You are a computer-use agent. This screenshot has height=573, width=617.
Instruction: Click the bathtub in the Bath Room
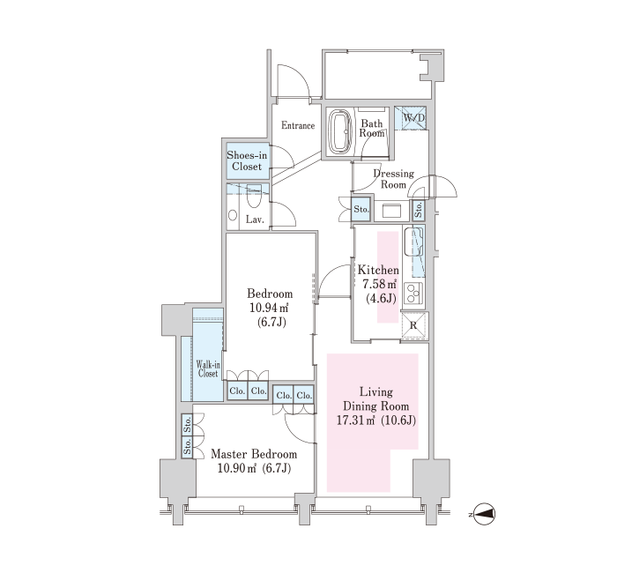(x=340, y=132)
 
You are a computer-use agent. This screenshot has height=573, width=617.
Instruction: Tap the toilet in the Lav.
(x=254, y=197)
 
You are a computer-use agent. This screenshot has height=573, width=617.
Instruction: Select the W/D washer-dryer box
(x=411, y=117)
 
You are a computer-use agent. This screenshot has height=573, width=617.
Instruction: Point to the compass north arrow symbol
(x=484, y=514)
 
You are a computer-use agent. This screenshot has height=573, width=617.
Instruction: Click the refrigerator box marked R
(x=415, y=325)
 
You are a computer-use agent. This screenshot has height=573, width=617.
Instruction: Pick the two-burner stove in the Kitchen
(x=413, y=293)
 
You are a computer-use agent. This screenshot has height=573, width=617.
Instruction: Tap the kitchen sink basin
(x=413, y=242)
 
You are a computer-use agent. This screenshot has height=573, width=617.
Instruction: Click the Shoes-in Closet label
(x=247, y=160)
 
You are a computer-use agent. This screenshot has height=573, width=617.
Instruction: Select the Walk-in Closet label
(x=207, y=368)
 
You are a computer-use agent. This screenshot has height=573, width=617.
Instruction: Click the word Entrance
(x=298, y=125)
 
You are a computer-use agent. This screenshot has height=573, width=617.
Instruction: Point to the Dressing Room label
(x=393, y=179)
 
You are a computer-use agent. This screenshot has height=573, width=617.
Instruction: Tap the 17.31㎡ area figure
(x=355, y=420)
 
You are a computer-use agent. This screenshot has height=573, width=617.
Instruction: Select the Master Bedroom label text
(x=254, y=454)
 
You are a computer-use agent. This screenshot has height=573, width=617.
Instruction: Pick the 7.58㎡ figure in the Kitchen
(x=379, y=284)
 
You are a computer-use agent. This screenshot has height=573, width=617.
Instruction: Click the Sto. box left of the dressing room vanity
(x=361, y=209)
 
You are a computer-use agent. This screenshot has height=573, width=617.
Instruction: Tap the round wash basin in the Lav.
(x=233, y=215)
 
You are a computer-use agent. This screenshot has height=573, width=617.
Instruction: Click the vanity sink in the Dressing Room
(x=392, y=210)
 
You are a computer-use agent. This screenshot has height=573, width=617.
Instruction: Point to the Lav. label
(x=255, y=220)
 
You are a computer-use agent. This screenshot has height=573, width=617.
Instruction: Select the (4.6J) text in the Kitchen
(x=381, y=299)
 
